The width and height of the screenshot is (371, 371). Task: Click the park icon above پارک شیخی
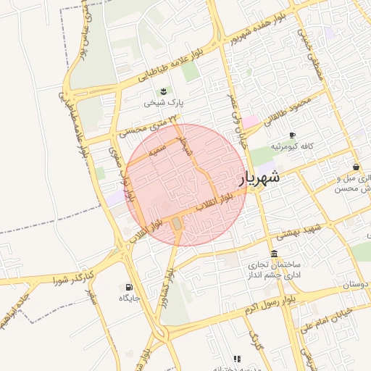162,91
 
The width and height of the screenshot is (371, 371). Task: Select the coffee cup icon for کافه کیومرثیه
292,135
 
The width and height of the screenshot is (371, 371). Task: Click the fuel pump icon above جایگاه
129,286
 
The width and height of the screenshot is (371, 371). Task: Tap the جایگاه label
129,297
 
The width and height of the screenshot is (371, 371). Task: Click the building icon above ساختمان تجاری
273,254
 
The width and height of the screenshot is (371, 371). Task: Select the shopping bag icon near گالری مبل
356,167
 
